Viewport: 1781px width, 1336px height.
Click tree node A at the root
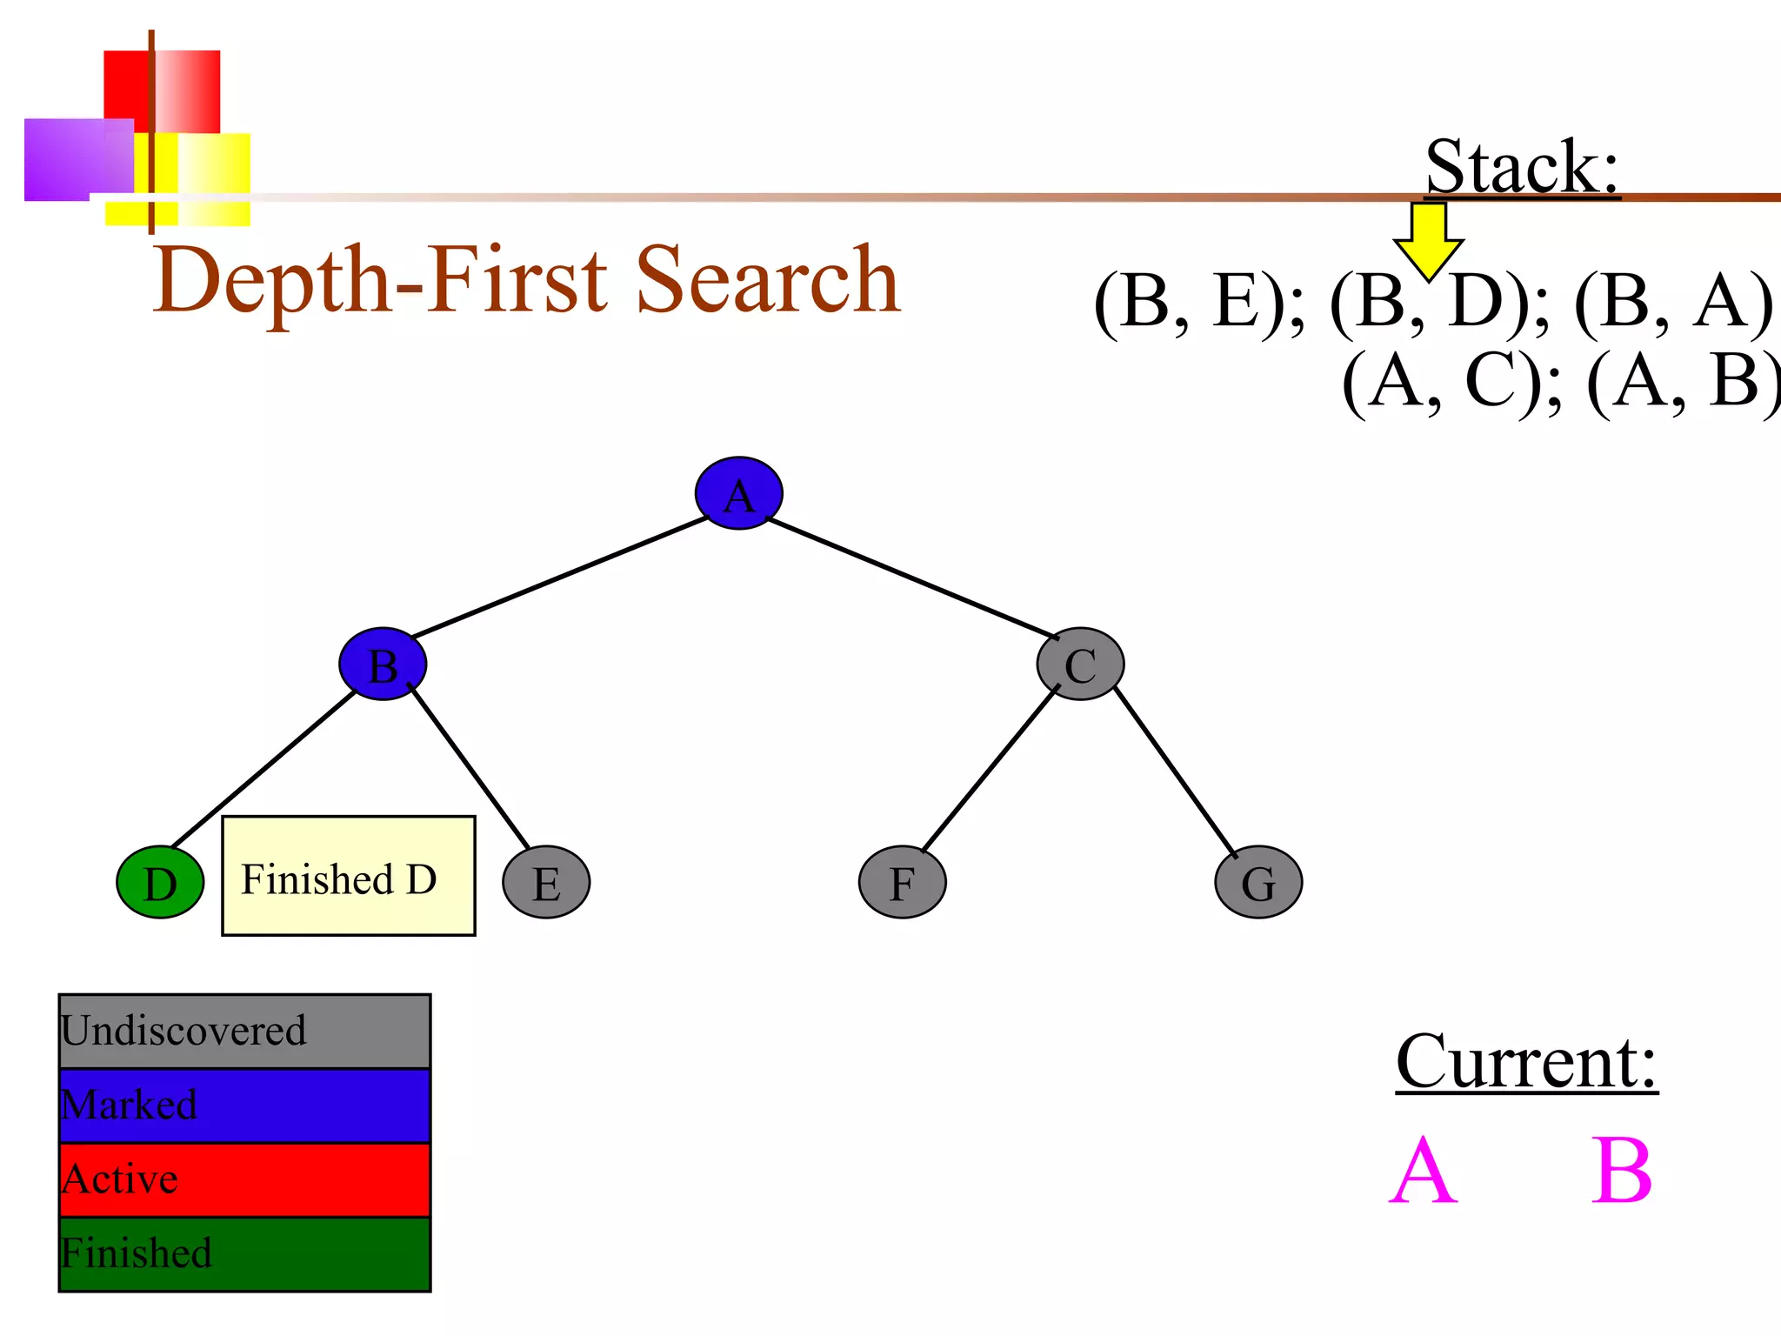[738, 493]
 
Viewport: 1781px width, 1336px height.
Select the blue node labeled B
[383, 664]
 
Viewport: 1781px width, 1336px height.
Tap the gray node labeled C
[1080, 664]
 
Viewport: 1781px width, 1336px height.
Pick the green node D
[160, 882]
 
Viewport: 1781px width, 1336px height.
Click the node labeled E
[546, 882]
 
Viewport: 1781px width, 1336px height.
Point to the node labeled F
[902, 882]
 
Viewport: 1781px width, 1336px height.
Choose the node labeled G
[1257, 882]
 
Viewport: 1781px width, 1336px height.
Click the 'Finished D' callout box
[348, 876]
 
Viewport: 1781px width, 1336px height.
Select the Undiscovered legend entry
[244, 1032]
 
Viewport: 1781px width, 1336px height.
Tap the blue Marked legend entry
[244, 1106]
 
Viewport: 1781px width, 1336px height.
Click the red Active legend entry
[244, 1179]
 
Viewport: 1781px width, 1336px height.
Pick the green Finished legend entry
[244, 1253]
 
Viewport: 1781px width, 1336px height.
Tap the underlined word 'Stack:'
[1522, 167]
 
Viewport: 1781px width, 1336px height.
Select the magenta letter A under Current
[1423, 1171]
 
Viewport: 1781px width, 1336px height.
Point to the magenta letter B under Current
[1621, 1171]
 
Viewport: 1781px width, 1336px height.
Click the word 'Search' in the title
[767, 280]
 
